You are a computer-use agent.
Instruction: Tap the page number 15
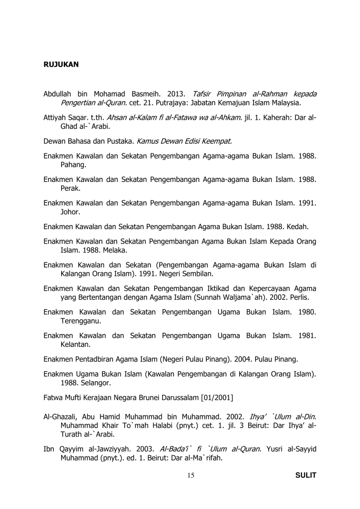(190, 476)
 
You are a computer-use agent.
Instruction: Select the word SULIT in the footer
(306, 476)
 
